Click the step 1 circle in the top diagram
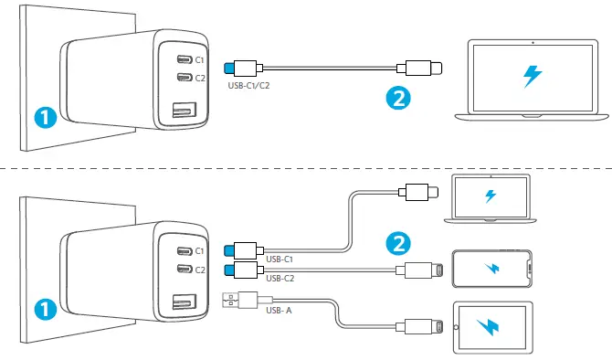pyautogui.click(x=43, y=116)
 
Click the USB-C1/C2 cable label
pyautogui.click(x=248, y=87)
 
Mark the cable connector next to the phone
pyautogui.click(x=426, y=269)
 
